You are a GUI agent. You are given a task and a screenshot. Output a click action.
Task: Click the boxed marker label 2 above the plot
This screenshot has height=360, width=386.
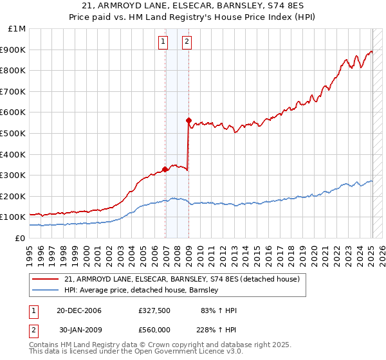tap(187, 42)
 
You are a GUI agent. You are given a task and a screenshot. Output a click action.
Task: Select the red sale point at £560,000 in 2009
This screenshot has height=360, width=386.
tap(188, 120)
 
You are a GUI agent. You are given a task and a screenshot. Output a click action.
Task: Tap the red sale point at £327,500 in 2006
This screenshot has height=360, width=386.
tap(165, 169)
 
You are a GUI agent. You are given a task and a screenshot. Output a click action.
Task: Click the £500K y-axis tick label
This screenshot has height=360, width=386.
tap(14, 134)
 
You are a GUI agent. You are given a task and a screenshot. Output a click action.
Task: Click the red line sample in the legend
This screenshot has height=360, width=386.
tap(45, 279)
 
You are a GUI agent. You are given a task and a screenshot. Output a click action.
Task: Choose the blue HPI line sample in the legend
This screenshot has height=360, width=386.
tap(45, 291)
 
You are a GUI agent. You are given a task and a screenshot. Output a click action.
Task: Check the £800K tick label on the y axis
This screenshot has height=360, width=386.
tap(14, 71)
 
